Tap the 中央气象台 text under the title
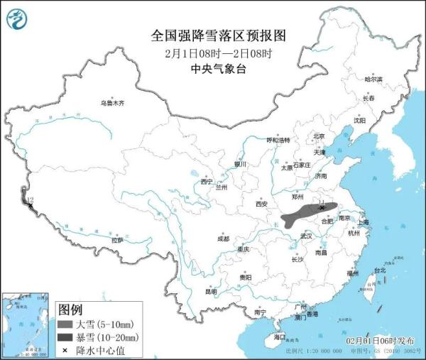click(212, 69)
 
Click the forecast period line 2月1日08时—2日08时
click(212, 53)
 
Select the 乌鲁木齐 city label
click(111, 103)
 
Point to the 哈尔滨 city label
click(373, 80)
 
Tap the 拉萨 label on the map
click(117, 240)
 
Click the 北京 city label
click(319, 136)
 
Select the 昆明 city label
click(211, 291)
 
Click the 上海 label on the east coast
click(364, 222)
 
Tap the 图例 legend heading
click(71, 310)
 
